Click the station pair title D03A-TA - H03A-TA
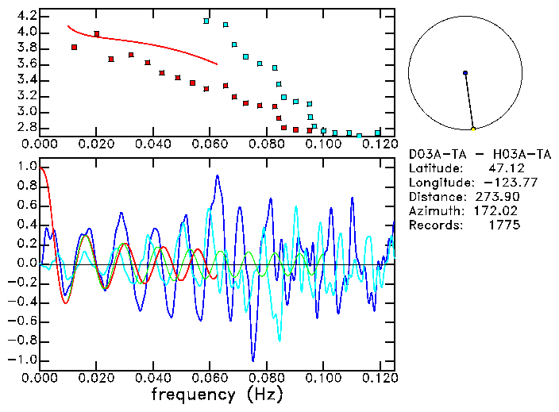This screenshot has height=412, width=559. [480, 154]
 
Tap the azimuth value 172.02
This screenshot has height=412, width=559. [497, 211]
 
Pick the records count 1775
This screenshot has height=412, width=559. [504, 225]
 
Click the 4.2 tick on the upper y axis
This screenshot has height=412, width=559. [25, 16]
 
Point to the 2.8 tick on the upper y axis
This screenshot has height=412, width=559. [25, 127]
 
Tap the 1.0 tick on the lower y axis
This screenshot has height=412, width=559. [25, 167]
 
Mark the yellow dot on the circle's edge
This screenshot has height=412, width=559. [473, 129]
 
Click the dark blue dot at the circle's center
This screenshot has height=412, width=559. [465, 73]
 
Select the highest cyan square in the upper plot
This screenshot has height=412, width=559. [206, 21]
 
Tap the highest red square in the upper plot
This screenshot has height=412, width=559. [97, 34]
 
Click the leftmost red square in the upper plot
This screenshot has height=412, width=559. [74, 48]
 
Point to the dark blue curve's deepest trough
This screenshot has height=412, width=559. [253, 360]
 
